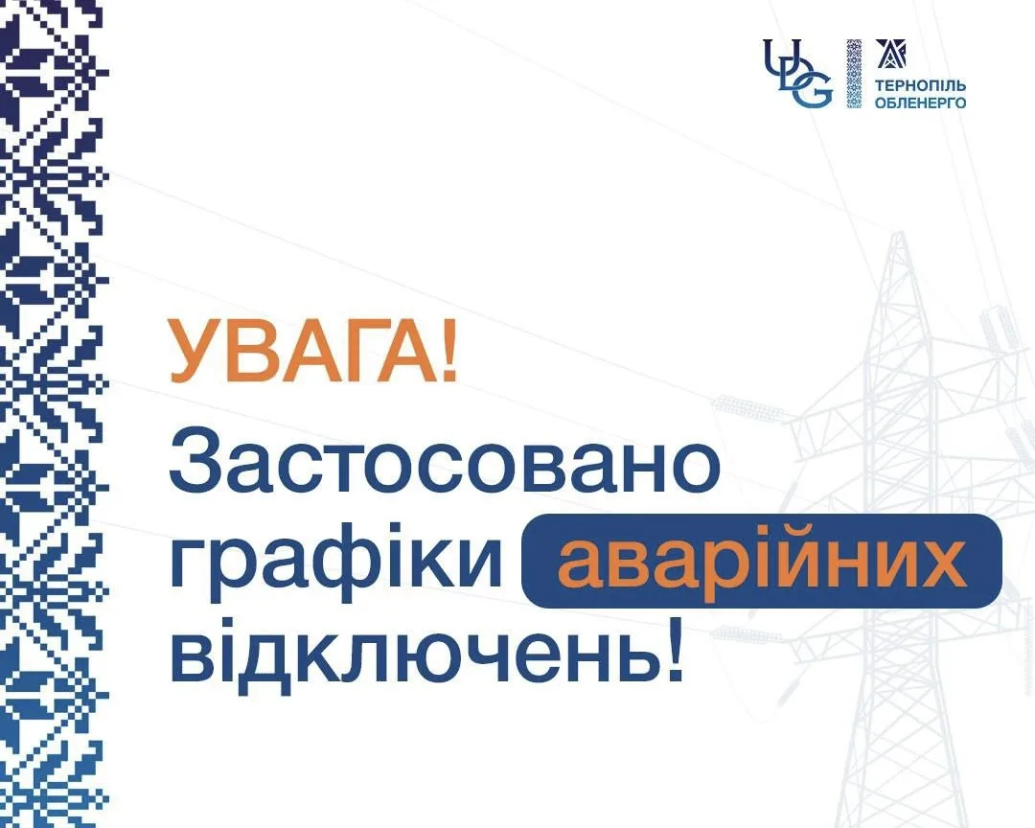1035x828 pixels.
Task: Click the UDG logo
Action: pyautogui.click(x=797, y=73)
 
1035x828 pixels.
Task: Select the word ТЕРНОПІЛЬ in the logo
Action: pyautogui.click(x=920, y=86)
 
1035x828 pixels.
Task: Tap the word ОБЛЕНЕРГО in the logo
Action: pyautogui.click(x=920, y=103)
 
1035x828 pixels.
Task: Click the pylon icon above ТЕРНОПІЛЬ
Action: pyautogui.click(x=890, y=54)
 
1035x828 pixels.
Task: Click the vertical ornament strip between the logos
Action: pyautogui.click(x=854, y=73)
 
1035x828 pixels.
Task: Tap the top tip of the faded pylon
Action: pyautogui.click(x=898, y=233)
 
